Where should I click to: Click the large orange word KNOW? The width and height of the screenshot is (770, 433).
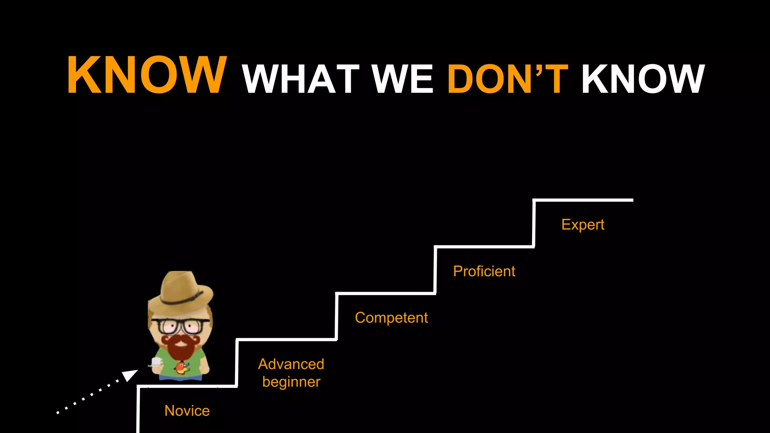[147, 74]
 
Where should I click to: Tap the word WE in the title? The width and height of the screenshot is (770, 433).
[402, 79]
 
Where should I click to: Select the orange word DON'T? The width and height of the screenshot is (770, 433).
[508, 79]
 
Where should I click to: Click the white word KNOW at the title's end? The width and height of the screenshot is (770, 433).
[643, 79]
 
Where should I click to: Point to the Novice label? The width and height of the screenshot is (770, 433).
[187, 411]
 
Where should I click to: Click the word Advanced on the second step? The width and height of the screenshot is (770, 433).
[291, 364]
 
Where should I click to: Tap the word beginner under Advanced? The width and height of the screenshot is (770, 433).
[291, 382]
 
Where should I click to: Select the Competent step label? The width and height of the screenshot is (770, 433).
[391, 318]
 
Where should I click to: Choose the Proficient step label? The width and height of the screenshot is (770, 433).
[484, 271]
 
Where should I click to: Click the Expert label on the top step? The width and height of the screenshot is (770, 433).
[582, 224]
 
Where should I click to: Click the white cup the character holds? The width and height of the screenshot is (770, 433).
[155, 362]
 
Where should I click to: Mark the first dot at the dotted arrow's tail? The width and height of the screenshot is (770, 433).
[58, 413]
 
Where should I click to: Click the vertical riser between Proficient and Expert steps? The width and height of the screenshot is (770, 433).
[534, 223]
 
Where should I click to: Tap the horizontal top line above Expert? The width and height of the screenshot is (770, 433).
[583, 200]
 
